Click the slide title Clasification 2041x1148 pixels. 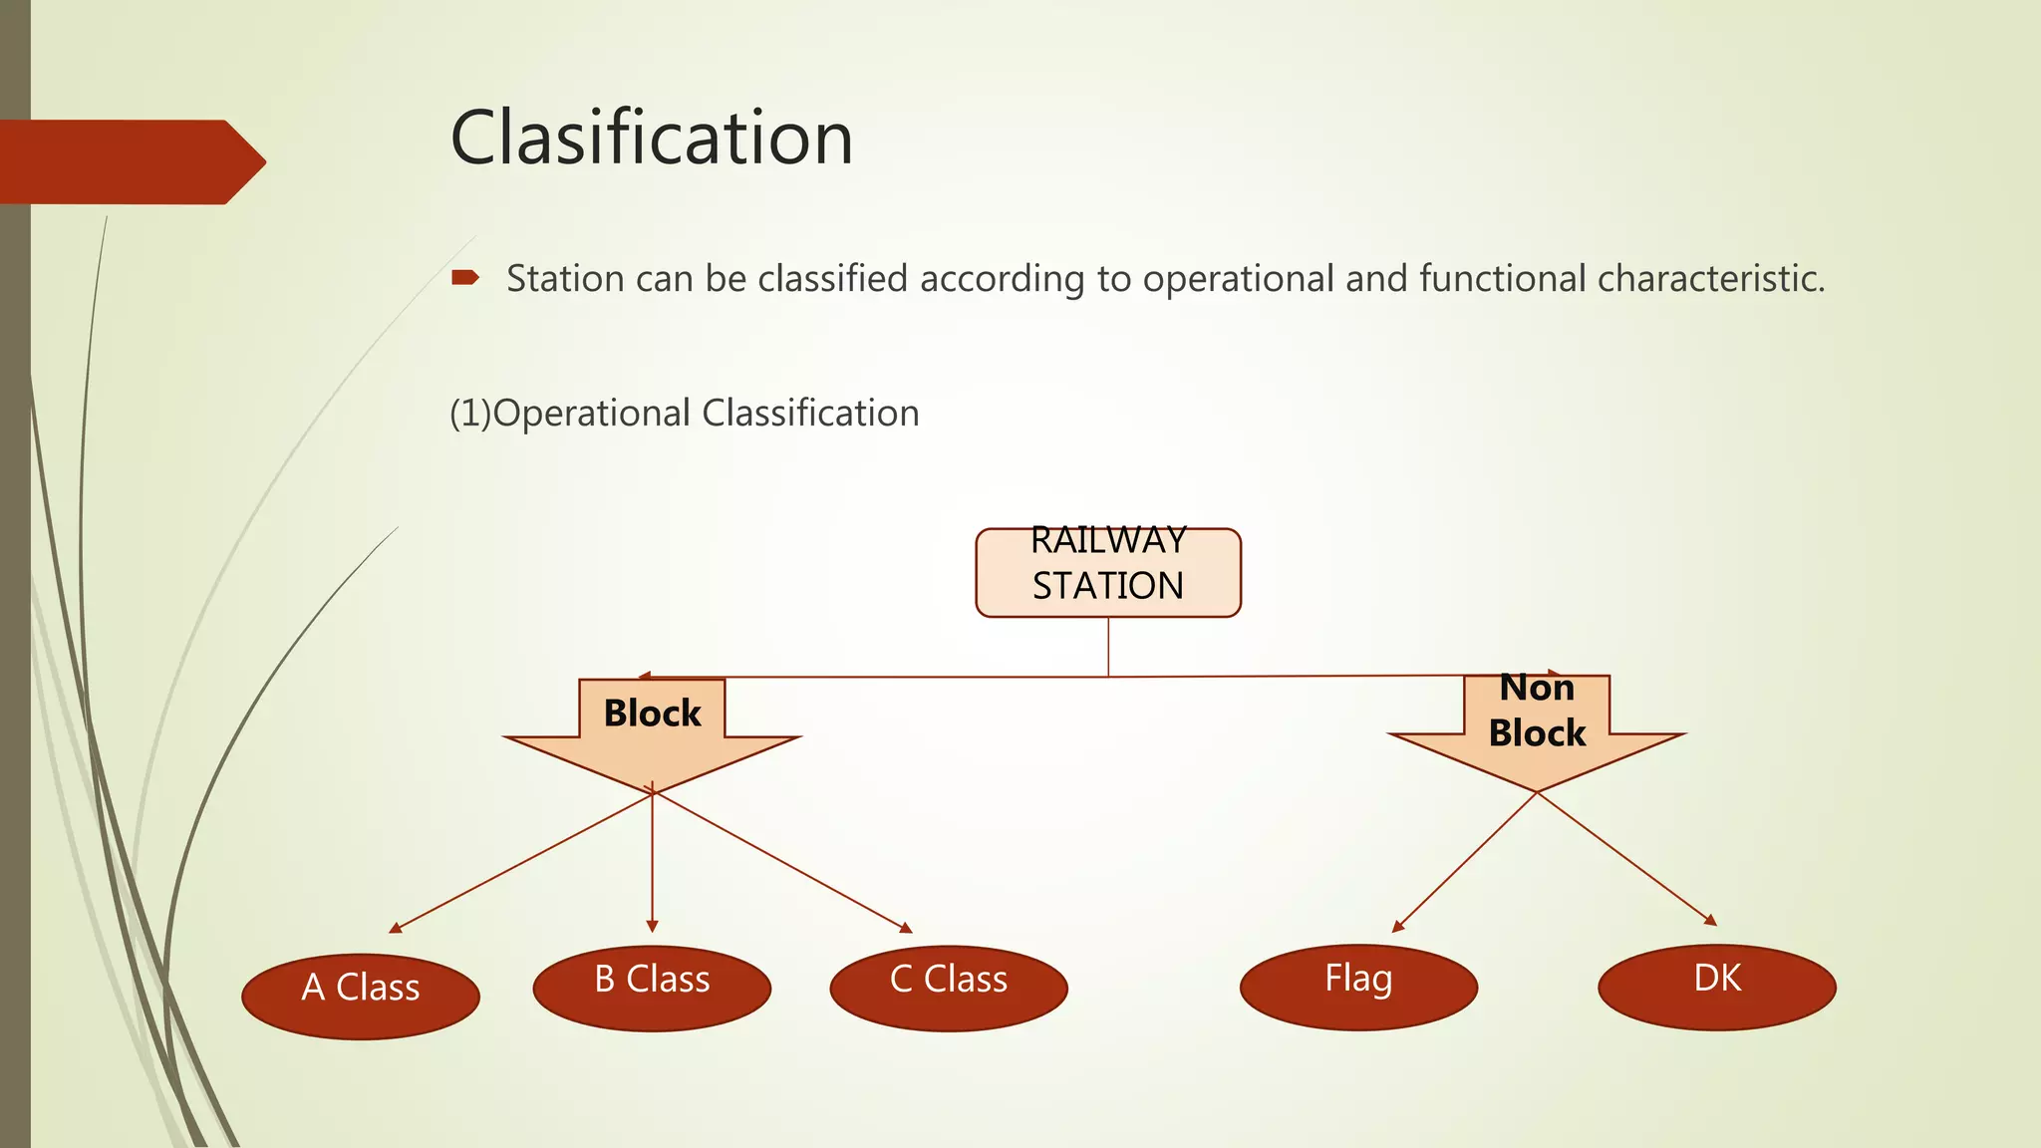pos(651,138)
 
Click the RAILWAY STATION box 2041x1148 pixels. pos(1107,573)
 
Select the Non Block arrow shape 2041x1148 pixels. pos(1536,732)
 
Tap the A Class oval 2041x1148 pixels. pos(361,997)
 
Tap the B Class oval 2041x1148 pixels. pos(652,988)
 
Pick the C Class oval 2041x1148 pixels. pos(948,988)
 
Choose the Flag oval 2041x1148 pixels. pos(1357,987)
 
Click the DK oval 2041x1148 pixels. pos(1716,987)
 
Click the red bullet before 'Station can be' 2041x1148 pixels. pos(464,278)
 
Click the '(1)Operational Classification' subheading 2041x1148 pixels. pos(684,414)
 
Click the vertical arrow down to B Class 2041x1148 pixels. pos(652,867)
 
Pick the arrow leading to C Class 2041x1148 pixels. pos(782,863)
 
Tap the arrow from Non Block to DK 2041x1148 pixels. pos(1626,859)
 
